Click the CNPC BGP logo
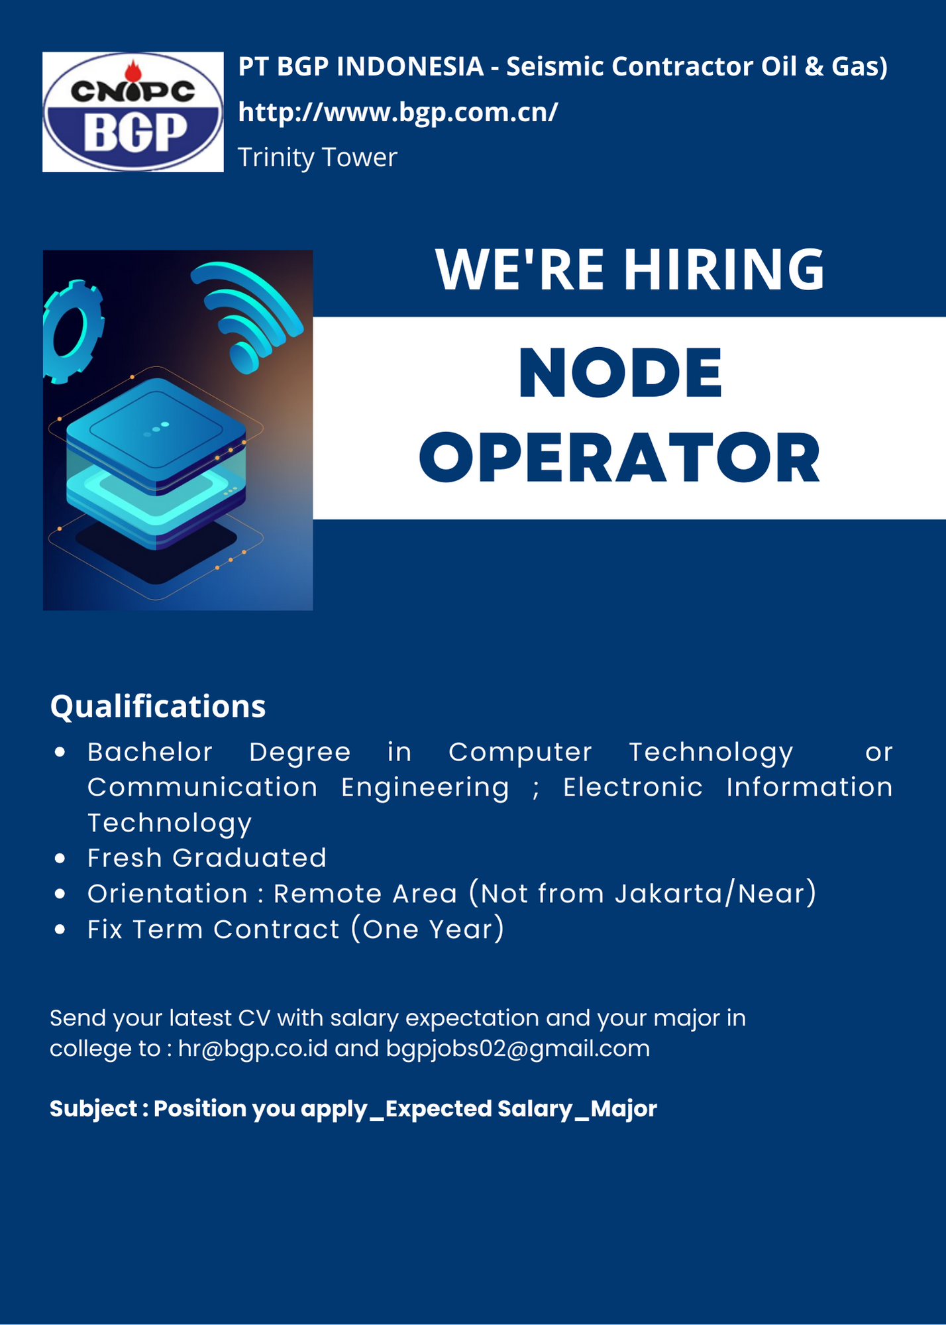click(133, 112)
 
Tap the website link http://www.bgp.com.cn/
click(398, 113)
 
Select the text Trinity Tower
click(317, 158)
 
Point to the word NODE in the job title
click(620, 372)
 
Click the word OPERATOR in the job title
click(620, 458)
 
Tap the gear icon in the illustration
click(72, 331)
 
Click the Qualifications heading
click(158, 706)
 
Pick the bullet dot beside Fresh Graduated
click(60, 859)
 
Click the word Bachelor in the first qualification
click(150, 752)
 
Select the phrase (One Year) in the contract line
click(428, 929)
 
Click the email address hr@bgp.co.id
click(253, 1049)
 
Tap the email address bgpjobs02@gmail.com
click(518, 1049)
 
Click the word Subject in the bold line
click(93, 1109)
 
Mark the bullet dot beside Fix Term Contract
click(60, 929)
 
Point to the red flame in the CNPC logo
click(133, 69)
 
